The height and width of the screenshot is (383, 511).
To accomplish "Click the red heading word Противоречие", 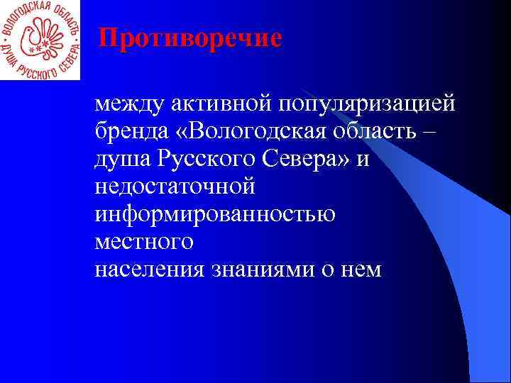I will (x=189, y=38).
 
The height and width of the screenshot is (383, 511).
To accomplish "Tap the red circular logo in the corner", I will (x=40, y=40).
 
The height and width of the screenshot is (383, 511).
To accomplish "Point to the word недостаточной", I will (x=175, y=188).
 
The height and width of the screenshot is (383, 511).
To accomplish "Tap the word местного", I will (x=144, y=243).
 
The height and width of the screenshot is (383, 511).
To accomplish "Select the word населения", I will (x=150, y=270).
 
